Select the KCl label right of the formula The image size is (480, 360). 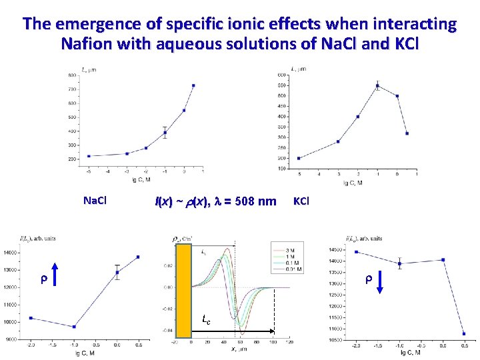(301, 200)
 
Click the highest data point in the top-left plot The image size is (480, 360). (193, 85)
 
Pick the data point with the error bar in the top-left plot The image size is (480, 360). (165, 133)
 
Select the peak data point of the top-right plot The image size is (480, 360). (377, 85)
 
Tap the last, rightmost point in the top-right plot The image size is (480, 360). (407, 133)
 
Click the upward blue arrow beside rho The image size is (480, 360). (56, 275)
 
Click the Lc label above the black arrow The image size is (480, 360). (207, 321)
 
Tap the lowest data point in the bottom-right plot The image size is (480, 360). (464, 334)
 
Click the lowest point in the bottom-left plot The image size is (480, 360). (74, 327)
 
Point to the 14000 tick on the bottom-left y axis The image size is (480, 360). (13, 253)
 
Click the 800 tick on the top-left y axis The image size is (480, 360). (71, 75)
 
